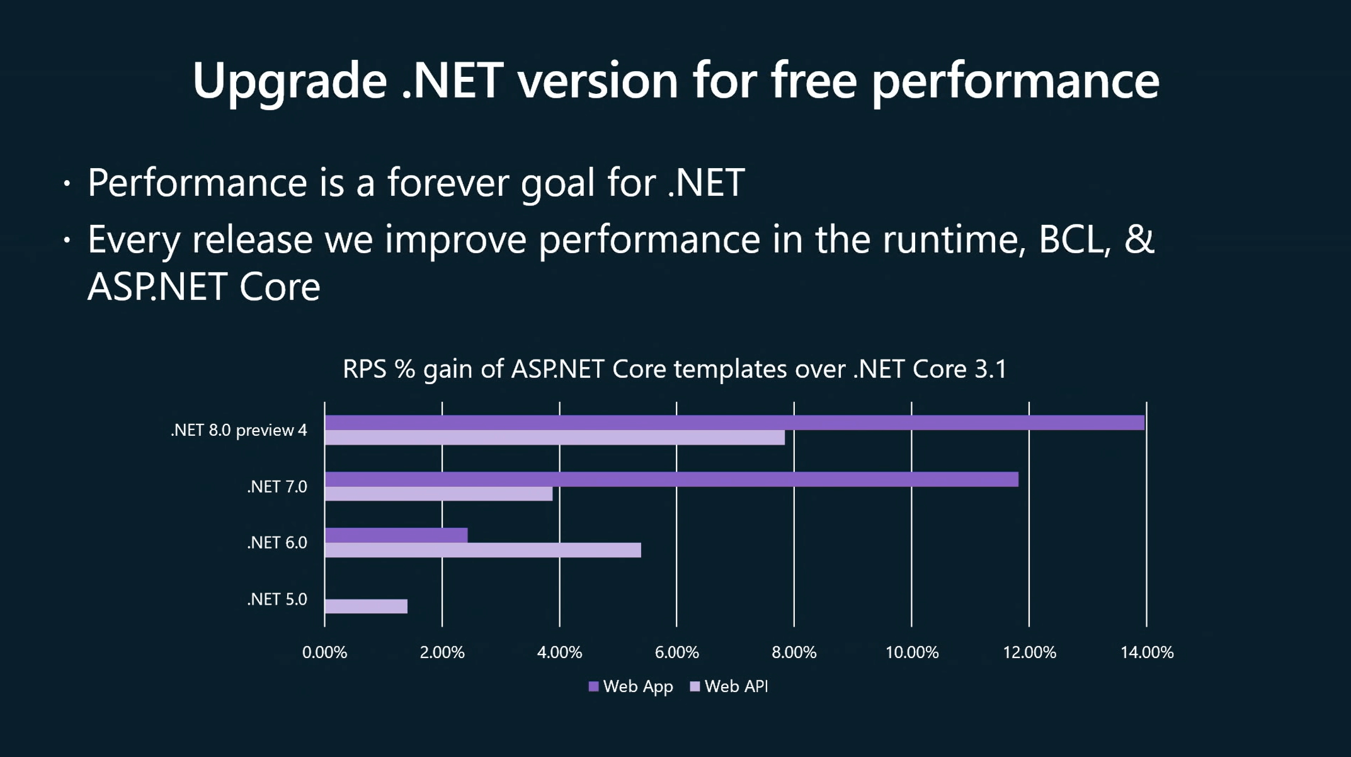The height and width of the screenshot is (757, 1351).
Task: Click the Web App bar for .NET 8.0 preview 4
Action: pyautogui.click(x=734, y=423)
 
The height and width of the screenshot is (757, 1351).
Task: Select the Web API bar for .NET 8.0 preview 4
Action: pyautogui.click(x=554, y=438)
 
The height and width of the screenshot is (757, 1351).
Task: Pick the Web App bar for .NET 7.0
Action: pyautogui.click(x=671, y=479)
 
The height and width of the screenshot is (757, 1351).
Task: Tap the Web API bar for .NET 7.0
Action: pyautogui.click(x=438, y=494)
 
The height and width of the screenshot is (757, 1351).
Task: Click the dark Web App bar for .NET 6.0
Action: pyautogui.click(x=396, y=535)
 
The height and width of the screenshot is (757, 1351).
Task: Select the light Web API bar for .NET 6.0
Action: pyautogui.click(x=482, y=550)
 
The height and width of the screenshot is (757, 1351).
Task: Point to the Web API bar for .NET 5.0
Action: pyautogui.click(x=366, y=606)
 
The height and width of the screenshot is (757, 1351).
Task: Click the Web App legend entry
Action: pyautogui.click(x=630, y=686)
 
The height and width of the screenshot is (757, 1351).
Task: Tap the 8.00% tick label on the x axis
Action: pyautogui.click(x=794, y=652)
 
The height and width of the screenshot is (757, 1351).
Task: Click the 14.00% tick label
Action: pyautogui.click(x=1146, y=652)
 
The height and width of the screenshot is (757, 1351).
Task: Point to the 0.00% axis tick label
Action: pyautogui.click(x=324, y=652)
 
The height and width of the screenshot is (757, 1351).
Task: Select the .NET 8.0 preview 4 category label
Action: pyautogui.click(x=239, y=430)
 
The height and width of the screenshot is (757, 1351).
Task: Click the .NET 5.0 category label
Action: pyautogui.click(x=277, y=599)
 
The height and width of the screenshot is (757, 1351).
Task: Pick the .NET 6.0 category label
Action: pyautogui.click(x=277, y=543)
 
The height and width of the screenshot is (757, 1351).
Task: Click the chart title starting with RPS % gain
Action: pyautogui.click(x=675, y=369)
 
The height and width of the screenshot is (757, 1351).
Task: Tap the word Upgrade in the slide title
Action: pyautogui.click(x=289, y=81)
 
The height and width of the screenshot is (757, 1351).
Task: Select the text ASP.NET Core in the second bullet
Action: pyautogui.click(x=203, y=287)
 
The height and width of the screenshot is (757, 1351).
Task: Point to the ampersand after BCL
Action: pyautogui.click(x=1139, y=239)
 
